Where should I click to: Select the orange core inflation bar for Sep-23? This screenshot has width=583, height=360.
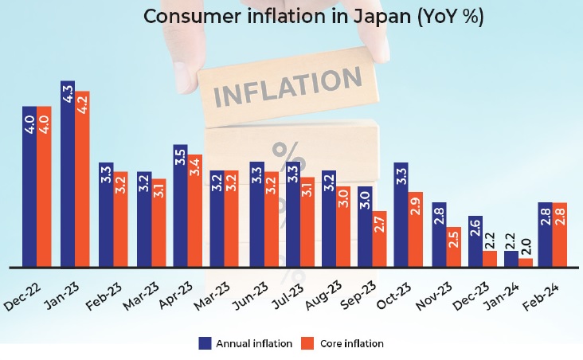point(379,238)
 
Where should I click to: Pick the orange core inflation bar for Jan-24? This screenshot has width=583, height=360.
point(526,262)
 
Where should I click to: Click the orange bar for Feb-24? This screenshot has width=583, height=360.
point(559,234)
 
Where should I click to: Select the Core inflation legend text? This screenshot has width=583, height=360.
point(351,343)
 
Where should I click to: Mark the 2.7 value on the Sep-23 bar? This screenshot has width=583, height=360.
point(379,224)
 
